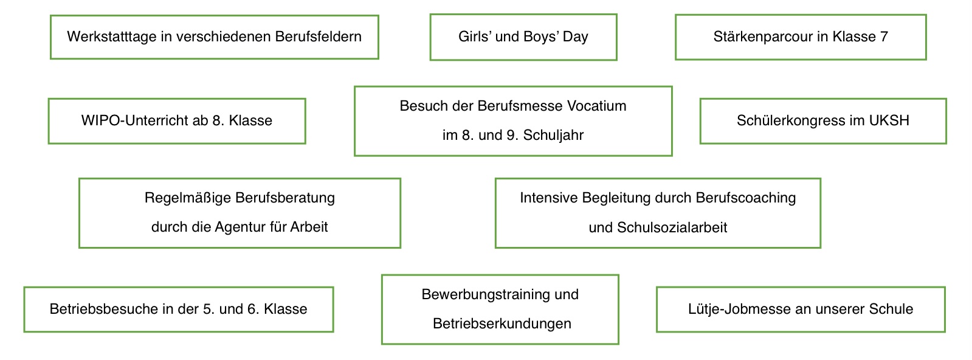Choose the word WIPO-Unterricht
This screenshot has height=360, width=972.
coord(144,120)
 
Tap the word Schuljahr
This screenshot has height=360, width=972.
coord(553,135)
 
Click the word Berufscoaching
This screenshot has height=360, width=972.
coord(745,198)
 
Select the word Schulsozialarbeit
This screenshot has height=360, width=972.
coord(672,227)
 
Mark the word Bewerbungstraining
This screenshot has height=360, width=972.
coord(484,295)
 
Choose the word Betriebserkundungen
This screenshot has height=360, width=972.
coord(502,324)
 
